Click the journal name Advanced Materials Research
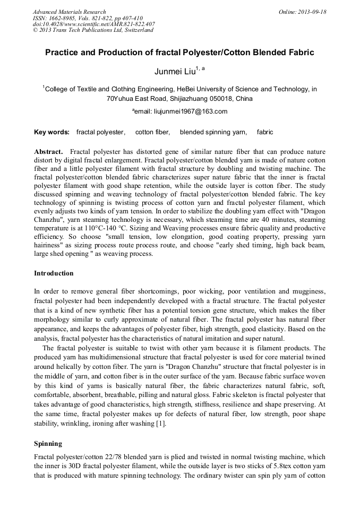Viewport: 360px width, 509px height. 69,12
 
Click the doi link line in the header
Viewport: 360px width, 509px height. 94,24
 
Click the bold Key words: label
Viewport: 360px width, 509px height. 52,132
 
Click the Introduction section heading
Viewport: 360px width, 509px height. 54,273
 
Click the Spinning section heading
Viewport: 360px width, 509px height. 48,443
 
